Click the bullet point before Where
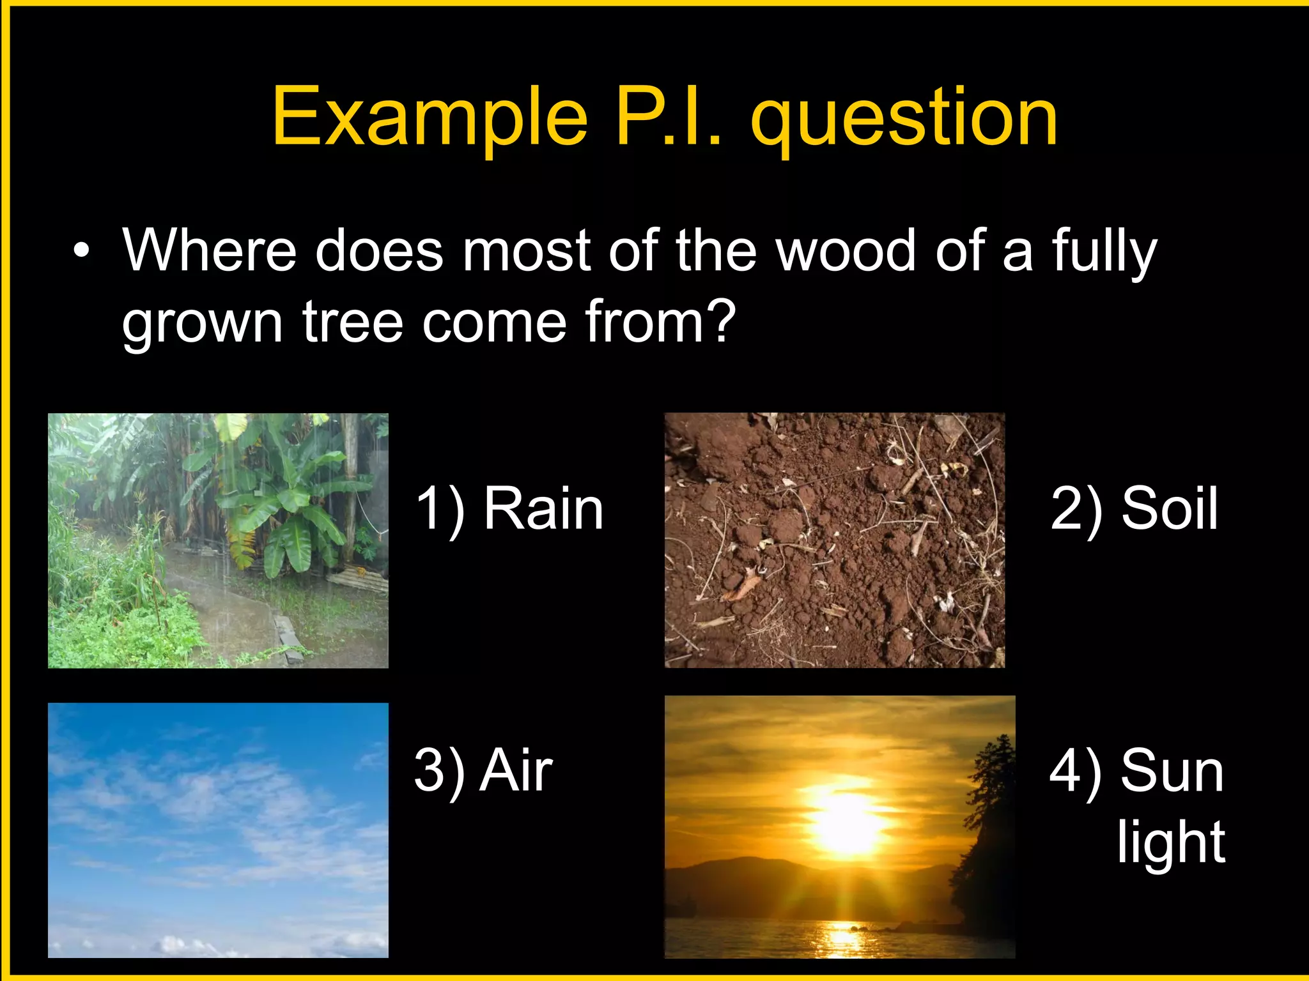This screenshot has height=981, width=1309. (81, 251)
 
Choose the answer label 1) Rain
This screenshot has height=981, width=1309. (509, 509)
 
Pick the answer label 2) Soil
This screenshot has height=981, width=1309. (1134, 509)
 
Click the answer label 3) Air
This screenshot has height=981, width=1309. (483, 771)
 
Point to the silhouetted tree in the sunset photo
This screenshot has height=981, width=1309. (988, 830)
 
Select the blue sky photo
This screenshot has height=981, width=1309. (218, 830)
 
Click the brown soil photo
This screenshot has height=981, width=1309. (834, 540)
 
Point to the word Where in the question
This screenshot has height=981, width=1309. (210, 250)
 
